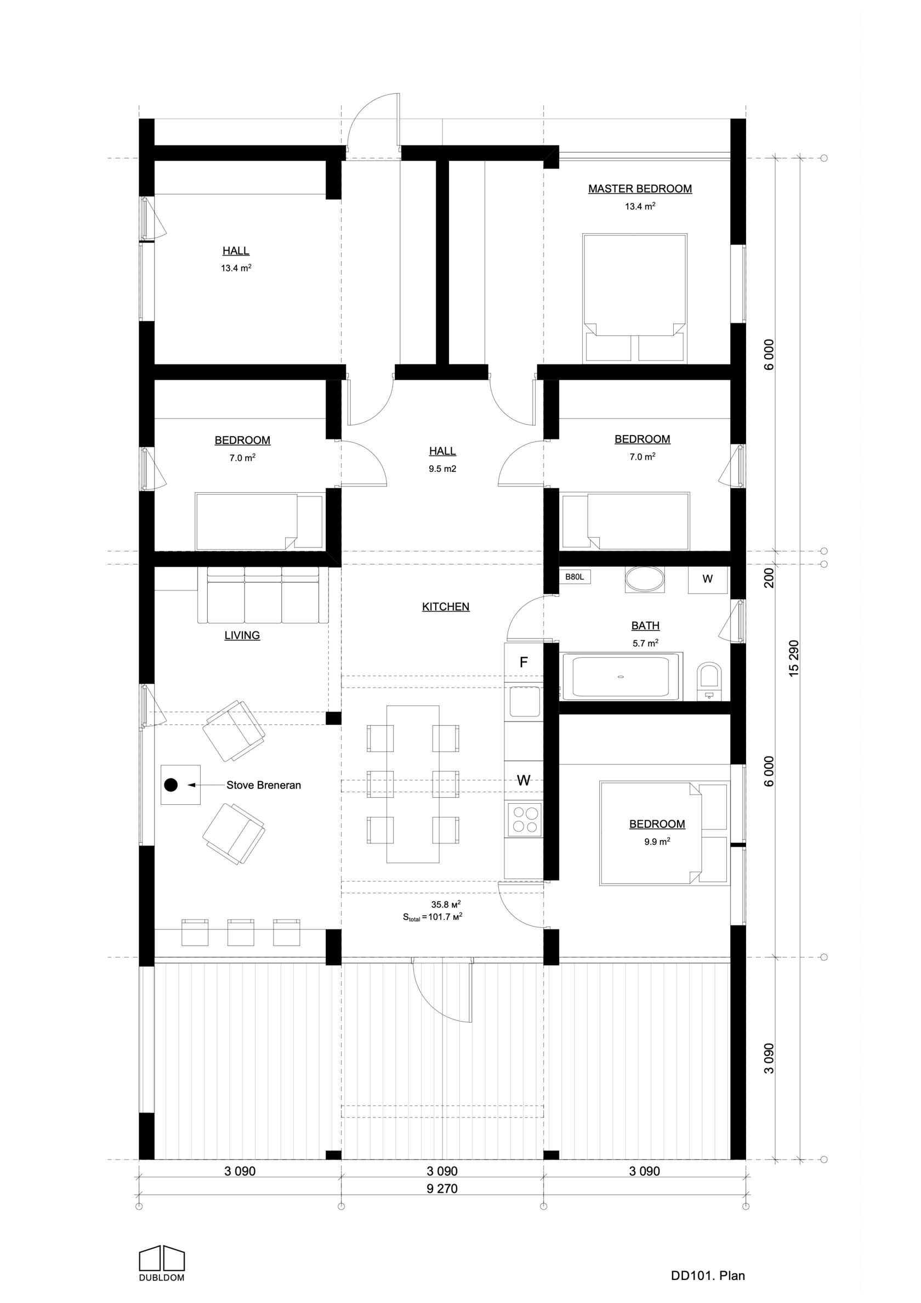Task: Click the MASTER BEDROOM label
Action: (640, 189)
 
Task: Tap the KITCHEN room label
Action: (446, 607)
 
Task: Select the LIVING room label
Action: (242, 635)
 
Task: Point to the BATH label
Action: (645, 625)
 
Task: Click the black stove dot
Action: (170, 785)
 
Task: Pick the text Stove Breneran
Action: (264, 786)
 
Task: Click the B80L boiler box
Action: (575, 577)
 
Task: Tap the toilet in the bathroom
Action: (708, 680)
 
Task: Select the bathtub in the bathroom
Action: (621, 676)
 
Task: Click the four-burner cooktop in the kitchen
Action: (525, 819)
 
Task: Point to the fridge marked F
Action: (524, 662)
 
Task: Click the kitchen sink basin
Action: (525, 702)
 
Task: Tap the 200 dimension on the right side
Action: (769, 578)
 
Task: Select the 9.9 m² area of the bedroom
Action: (657, 842)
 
